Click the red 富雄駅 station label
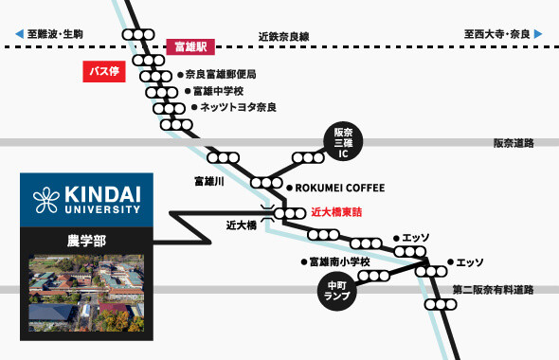(192, 45)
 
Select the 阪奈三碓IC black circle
(343, 143)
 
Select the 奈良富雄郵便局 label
(221, 74)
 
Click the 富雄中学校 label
(219, 91)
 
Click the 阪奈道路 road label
(514, 143)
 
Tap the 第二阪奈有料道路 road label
(493, 290)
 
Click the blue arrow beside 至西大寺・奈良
(538, 35)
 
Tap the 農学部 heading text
(86, 241)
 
